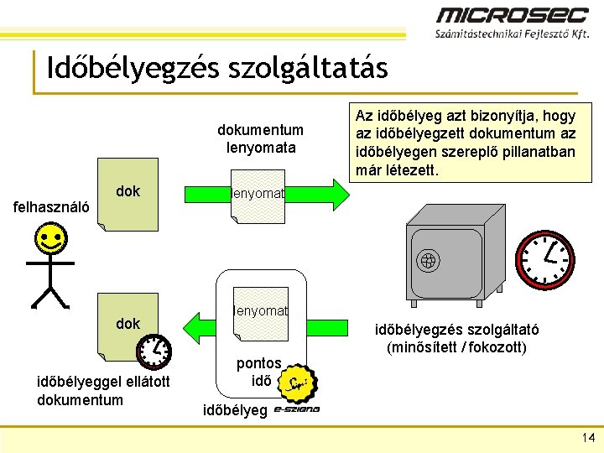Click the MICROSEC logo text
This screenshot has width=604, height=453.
pos(513,15)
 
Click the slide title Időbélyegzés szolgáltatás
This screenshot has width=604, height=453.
pos(217,68)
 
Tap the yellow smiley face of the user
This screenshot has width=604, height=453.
pos(52,242)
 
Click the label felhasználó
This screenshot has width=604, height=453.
pos(53,206)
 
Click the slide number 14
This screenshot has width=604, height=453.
pos(587,437)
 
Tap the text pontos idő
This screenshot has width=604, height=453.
pos(258,372)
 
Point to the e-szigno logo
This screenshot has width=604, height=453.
pos(297,410)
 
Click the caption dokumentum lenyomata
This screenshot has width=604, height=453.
pos(260,138)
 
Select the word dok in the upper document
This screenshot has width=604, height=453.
pos(128,191)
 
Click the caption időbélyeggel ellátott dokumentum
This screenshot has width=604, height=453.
pos(104,391)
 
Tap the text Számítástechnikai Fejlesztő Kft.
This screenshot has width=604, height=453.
pos(512,35)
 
